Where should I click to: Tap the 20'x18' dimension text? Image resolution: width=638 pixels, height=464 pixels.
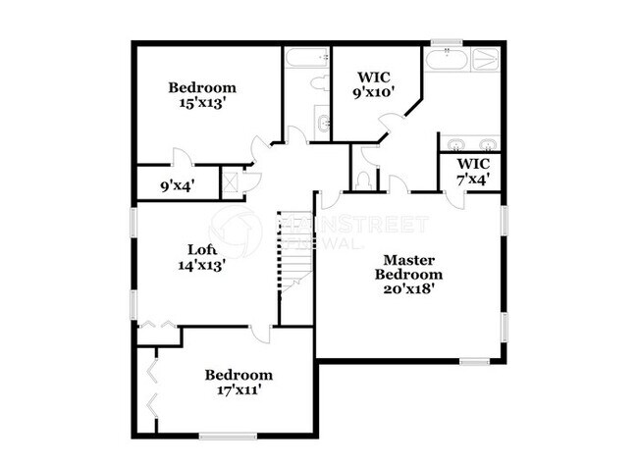click(411, 289)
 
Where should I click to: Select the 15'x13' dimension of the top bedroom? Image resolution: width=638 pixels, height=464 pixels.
click(202, 102)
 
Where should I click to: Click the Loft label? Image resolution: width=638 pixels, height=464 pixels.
click(202, 248)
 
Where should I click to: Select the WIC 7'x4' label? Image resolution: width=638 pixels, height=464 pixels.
click(473, 172)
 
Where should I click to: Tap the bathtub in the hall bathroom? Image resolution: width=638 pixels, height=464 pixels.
click(306, 58)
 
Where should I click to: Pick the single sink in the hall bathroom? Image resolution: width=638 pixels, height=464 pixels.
click(324, 124)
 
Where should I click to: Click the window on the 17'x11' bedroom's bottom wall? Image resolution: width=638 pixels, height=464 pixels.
click(228, 435)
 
